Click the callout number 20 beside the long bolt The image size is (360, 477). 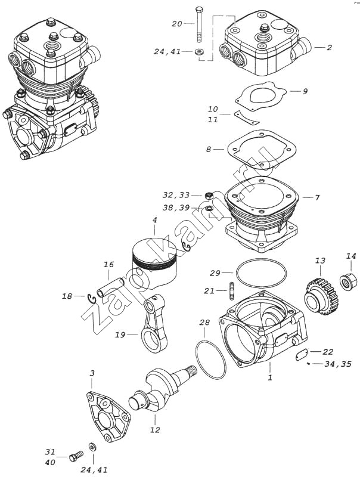tap(176, 24)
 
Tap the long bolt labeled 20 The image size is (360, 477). tap(198, 24)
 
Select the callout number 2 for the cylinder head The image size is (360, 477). tap(329, 48)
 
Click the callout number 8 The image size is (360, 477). tap(208, 150)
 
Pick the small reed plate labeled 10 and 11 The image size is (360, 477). tap(247, 117)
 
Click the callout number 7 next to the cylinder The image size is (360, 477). tap(317, 198)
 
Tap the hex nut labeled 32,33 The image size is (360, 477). tap(208, 196)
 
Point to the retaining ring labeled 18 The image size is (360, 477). tap(92, 299)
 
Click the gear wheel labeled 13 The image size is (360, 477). tap(321, 296)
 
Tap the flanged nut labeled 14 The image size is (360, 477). tap(348, 281)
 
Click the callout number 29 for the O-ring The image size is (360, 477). tap(215, 273)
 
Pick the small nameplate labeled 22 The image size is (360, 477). tap(302, 355)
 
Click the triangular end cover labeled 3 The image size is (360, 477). tap(108, 417)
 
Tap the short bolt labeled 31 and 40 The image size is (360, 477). tap(76, 456)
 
